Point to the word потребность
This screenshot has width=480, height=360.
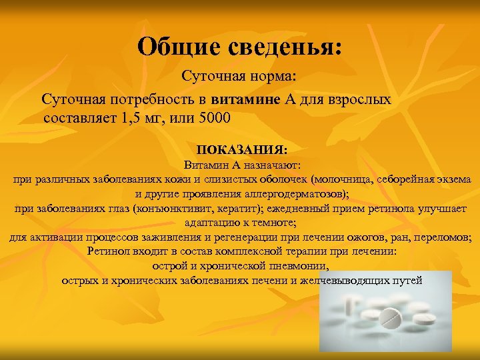[x=153, y=100]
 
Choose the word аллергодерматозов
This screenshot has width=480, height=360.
[x=295, y=195]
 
